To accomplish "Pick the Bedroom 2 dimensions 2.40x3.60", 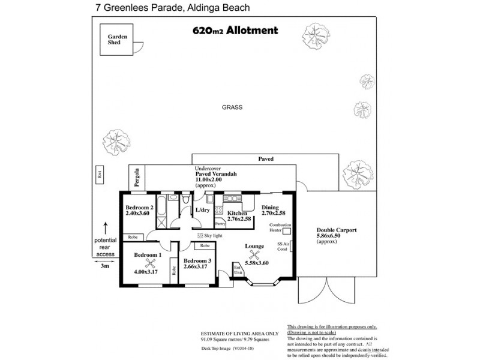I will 140,213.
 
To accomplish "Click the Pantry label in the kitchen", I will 220,223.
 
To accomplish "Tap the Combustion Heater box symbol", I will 286,230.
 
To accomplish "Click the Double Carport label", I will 337,230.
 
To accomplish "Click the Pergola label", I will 137,179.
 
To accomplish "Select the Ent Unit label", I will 237,269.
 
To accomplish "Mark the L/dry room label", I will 202,210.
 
